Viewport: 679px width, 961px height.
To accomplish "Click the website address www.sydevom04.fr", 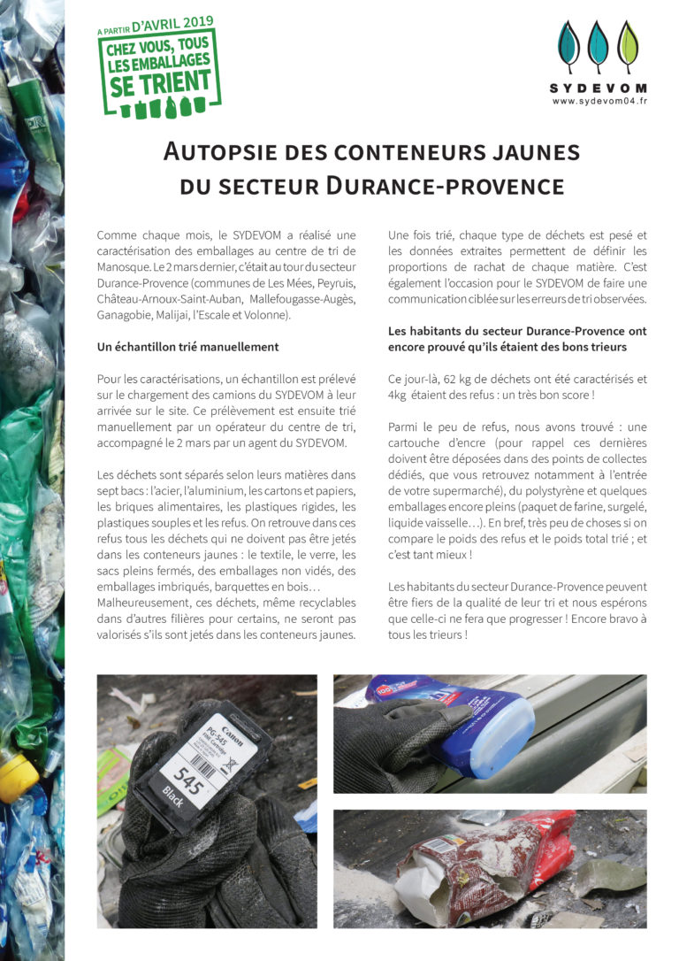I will pos(599,101).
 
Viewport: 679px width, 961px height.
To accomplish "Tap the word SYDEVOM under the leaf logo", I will pos(599,88).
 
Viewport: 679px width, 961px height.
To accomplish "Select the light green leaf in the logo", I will pos(628,47).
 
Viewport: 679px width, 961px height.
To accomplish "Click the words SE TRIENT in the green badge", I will pos(160,83).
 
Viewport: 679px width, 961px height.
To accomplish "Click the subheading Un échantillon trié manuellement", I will pos(187,346).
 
